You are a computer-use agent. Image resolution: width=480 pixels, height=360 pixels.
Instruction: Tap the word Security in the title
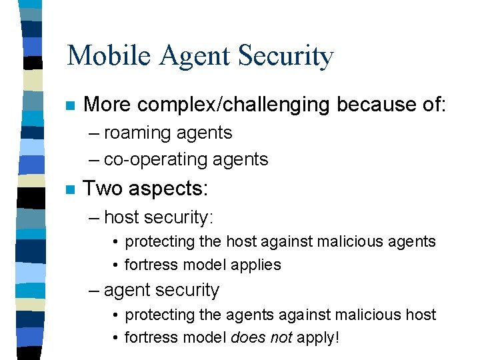point(288,57)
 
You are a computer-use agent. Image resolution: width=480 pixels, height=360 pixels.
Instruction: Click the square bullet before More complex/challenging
point(70,106)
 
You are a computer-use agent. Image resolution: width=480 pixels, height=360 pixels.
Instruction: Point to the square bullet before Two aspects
point(70,190)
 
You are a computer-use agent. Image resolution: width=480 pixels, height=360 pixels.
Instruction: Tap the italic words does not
point(261,337)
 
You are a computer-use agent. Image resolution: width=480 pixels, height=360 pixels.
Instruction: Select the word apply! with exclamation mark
point(318,338)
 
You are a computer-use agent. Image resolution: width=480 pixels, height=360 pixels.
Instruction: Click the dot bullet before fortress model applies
point(116,265)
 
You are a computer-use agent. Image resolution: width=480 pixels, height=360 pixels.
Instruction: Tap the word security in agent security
point(189,291)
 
